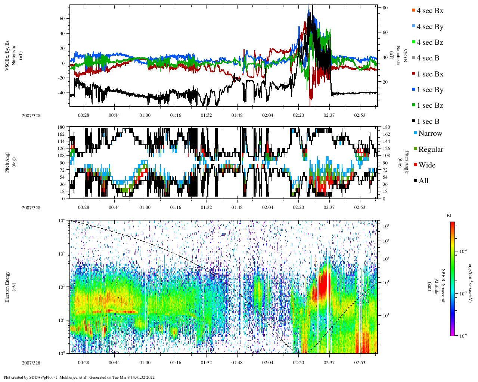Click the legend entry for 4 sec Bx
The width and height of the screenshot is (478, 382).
[429, 11]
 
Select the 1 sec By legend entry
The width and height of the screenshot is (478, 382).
[429, 90]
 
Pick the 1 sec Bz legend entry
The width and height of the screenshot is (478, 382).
[429, 106]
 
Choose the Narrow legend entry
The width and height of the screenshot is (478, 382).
[430, 134]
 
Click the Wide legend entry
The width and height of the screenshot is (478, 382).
[426, 165]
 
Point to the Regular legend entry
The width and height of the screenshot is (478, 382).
[431, 150]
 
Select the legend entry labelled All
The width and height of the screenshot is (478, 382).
[423, 181]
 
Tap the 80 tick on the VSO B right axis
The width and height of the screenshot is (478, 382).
[385, 8]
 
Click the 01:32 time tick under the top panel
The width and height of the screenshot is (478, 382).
[206, 115]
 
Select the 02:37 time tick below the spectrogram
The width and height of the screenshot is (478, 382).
[329, 363]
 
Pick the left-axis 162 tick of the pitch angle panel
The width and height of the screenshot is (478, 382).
[62, 134]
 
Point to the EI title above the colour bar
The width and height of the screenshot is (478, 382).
[449, 215]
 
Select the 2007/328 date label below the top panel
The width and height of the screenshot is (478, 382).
[31, 115]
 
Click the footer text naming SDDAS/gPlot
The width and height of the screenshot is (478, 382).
[79, 377]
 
